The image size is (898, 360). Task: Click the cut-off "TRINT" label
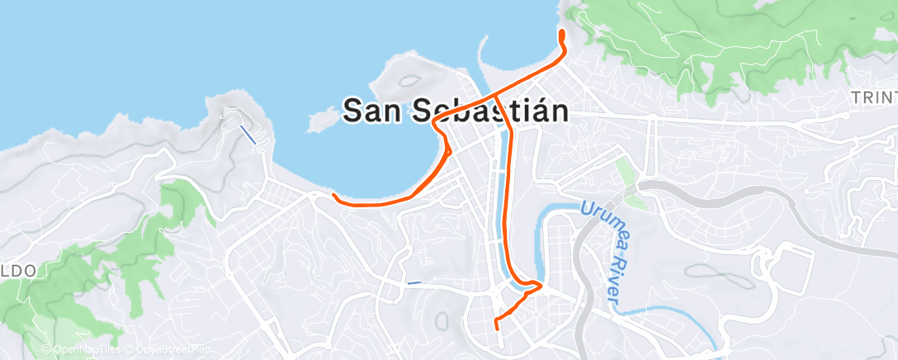(x=873, y=98)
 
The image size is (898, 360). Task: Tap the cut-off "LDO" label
(x=18, y=270)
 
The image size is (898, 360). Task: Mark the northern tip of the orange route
(x=562, y=32)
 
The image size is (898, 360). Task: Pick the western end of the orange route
(x=333, y=196)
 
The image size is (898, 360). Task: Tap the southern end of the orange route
(x=496, y=327)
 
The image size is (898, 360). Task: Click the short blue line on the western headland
(x=248, y=135)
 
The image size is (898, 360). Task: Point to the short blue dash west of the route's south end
(x=414, y=283)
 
